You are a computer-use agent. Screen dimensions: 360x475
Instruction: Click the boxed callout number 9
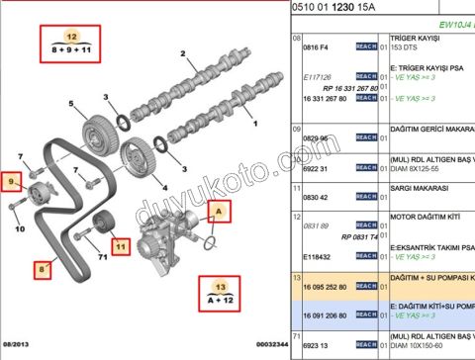coord(13,181)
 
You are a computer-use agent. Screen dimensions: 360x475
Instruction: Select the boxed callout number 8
coord(44,267)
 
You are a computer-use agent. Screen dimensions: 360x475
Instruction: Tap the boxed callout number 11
coord(119,244)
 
